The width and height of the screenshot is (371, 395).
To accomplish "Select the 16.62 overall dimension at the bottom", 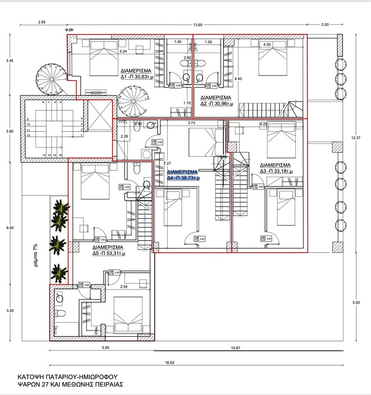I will tap(169, 362).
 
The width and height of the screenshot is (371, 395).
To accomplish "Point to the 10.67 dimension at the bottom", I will tap(236, 348).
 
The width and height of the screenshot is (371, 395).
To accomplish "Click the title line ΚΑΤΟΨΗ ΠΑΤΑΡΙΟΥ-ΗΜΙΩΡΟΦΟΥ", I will tap(67, 376).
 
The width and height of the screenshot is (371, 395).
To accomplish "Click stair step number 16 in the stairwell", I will tap(61, 155).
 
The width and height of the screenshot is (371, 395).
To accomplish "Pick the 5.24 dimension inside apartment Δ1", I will tap(123, 51).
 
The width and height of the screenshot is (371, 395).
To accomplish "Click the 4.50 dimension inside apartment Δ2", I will tap(266, 45).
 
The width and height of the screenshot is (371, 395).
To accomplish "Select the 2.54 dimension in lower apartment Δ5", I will tap(124, 287).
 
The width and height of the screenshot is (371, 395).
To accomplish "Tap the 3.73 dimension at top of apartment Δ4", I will tap(191, 123).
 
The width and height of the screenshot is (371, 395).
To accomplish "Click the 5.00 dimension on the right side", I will tap(356, 303).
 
